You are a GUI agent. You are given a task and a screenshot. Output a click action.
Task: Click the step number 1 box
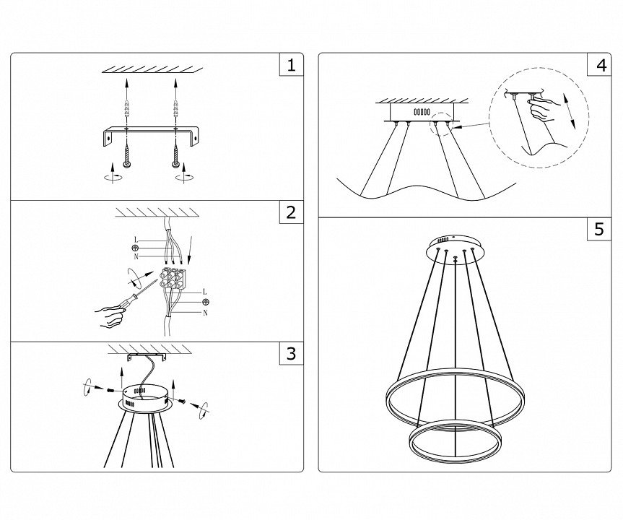[291, 64]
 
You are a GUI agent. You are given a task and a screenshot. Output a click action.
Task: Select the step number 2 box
[291, 212]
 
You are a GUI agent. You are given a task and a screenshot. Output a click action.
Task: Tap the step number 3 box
[291, 353]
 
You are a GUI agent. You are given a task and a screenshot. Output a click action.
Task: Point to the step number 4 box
[599, 64]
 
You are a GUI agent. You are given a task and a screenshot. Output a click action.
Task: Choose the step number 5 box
[599, 229]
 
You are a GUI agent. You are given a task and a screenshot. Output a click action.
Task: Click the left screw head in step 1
[127, 165]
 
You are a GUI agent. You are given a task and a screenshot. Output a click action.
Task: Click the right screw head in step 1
[176, 165]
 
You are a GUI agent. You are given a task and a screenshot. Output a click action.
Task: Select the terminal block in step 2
[173, 277]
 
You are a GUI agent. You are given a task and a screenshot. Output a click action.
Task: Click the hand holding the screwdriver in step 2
[109, 316]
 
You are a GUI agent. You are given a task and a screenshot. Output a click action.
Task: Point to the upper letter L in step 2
[136, 240]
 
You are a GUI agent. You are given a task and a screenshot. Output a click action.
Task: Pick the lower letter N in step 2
[205, 313]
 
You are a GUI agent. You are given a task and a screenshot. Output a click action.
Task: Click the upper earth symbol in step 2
[135, 248]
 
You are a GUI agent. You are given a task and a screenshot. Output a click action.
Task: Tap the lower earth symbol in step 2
[206, 302]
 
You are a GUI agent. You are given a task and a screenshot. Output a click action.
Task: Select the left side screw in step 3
[110, 391]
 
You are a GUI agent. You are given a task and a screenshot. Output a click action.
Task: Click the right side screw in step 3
[183, 402]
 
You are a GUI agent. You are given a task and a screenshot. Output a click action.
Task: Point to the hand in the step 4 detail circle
[544, 109]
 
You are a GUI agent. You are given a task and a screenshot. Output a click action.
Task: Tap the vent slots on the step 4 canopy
[422, 112]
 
